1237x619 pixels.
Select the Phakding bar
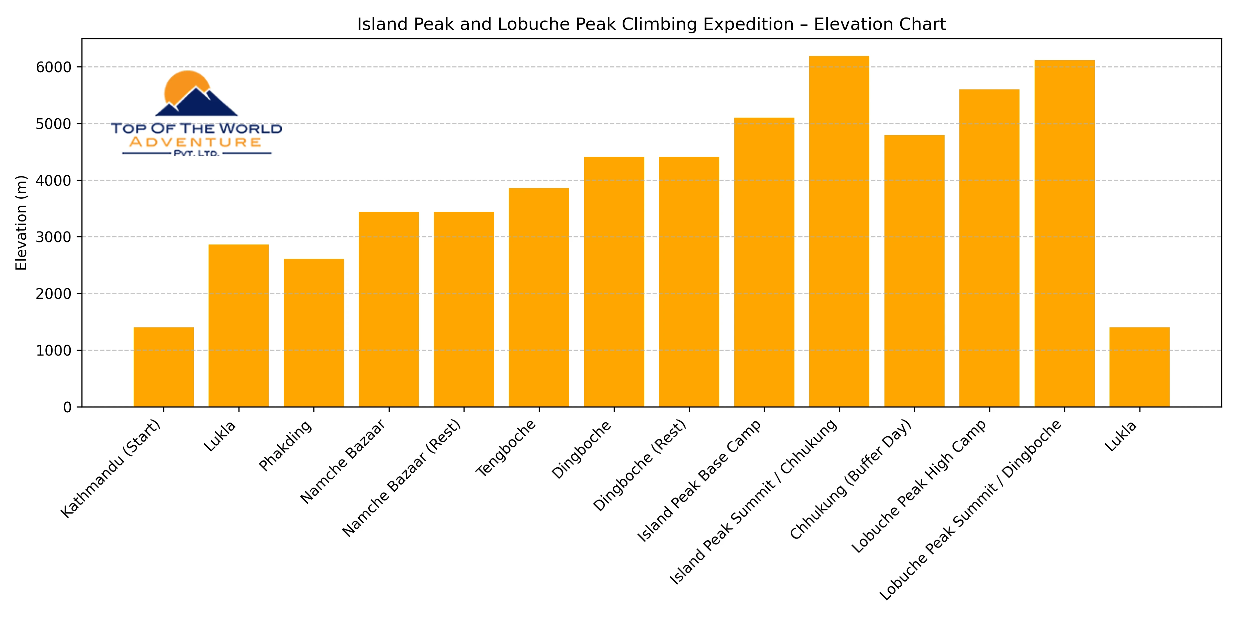tap(314, 333)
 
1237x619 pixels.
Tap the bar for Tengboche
tap(539, 297)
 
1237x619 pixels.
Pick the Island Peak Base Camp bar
tap(764, 262)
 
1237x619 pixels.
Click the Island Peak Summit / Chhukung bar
tap(839, 232)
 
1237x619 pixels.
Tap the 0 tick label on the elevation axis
tap(67, 408)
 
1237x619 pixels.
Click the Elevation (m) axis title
tap(21, 223)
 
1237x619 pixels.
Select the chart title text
tap(651, 24)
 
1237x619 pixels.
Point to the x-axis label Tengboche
tap(506, 448)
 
